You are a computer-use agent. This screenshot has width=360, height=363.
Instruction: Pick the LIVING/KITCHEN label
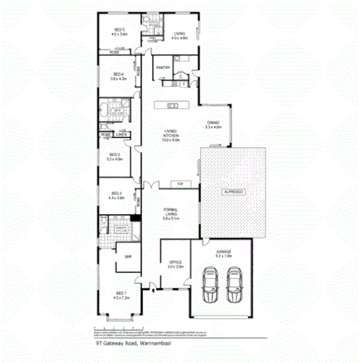pyautogui.click(x=170, y=135)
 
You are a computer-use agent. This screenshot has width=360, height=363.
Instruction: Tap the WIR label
pyautogui.click(x=128, y=256)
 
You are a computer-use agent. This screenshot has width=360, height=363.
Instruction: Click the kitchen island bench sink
pyautogui.click(x=172, y=105)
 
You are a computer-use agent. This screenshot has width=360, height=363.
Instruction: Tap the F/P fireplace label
pyautogui.click(x=180, y=184)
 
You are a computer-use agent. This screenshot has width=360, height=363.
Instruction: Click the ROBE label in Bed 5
pyautogui.click(x=114, y=52)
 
